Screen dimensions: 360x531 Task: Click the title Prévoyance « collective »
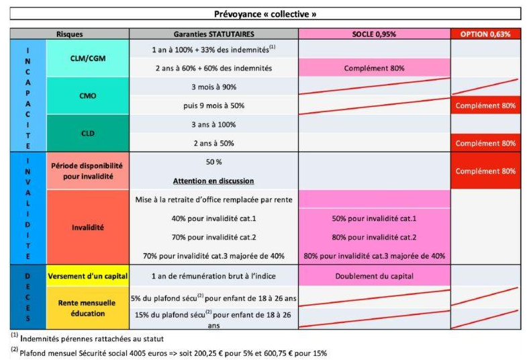point(265,13)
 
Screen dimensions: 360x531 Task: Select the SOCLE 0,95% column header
point(374,34)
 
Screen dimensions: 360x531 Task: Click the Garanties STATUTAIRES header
point(213,34)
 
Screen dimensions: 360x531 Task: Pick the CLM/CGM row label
point(87,58)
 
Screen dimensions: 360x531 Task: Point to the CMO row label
point(87,95)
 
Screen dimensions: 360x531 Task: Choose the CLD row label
point(87,133)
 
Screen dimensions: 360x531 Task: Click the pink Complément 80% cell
point(374,68)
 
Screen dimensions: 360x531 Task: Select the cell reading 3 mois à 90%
point(213,87)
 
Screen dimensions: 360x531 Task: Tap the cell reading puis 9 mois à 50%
point(213,105)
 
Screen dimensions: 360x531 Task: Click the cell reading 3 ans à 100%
point(213,124)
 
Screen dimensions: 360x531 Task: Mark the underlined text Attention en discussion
point(213,181)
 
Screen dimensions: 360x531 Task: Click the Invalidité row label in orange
point(87,227)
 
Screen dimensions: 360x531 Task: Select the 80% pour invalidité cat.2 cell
point(374,236)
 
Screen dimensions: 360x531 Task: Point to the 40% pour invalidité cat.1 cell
point(213,218)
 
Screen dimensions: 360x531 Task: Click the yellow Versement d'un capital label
point(87,275)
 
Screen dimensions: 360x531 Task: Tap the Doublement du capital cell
point(374,275)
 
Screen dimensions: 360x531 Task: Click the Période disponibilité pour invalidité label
point(87,171)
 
